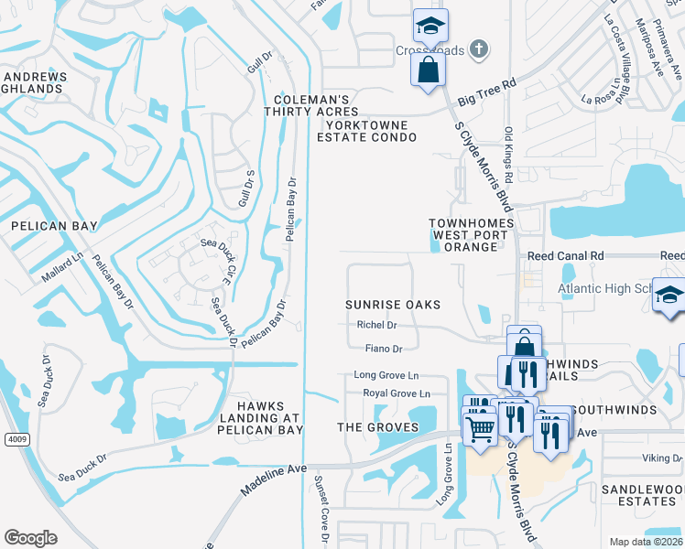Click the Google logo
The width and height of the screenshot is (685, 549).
tap(30, 538)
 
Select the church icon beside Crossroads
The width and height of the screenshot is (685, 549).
tap(477, 49)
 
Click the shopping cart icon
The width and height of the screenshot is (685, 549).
tap(480, 425)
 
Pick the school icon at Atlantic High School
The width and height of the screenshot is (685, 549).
tap(669, 295)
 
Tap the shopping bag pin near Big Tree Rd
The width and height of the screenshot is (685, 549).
tap(428, 69)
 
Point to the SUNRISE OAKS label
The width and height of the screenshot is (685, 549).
tap(393, 304)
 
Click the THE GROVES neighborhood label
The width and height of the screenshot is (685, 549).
tap(378, 427)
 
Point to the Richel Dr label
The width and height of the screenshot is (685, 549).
tap(376, 325)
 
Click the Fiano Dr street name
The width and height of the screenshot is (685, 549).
tap(384, 349)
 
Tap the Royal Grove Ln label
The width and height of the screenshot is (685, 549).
tap(397, 393)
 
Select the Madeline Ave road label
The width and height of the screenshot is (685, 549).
tap(272, 479)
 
